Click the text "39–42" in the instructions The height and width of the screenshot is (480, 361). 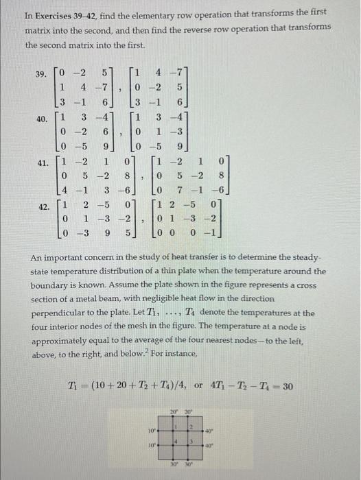[x=87, y=12]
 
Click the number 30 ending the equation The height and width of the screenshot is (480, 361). [x=287, y=386]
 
